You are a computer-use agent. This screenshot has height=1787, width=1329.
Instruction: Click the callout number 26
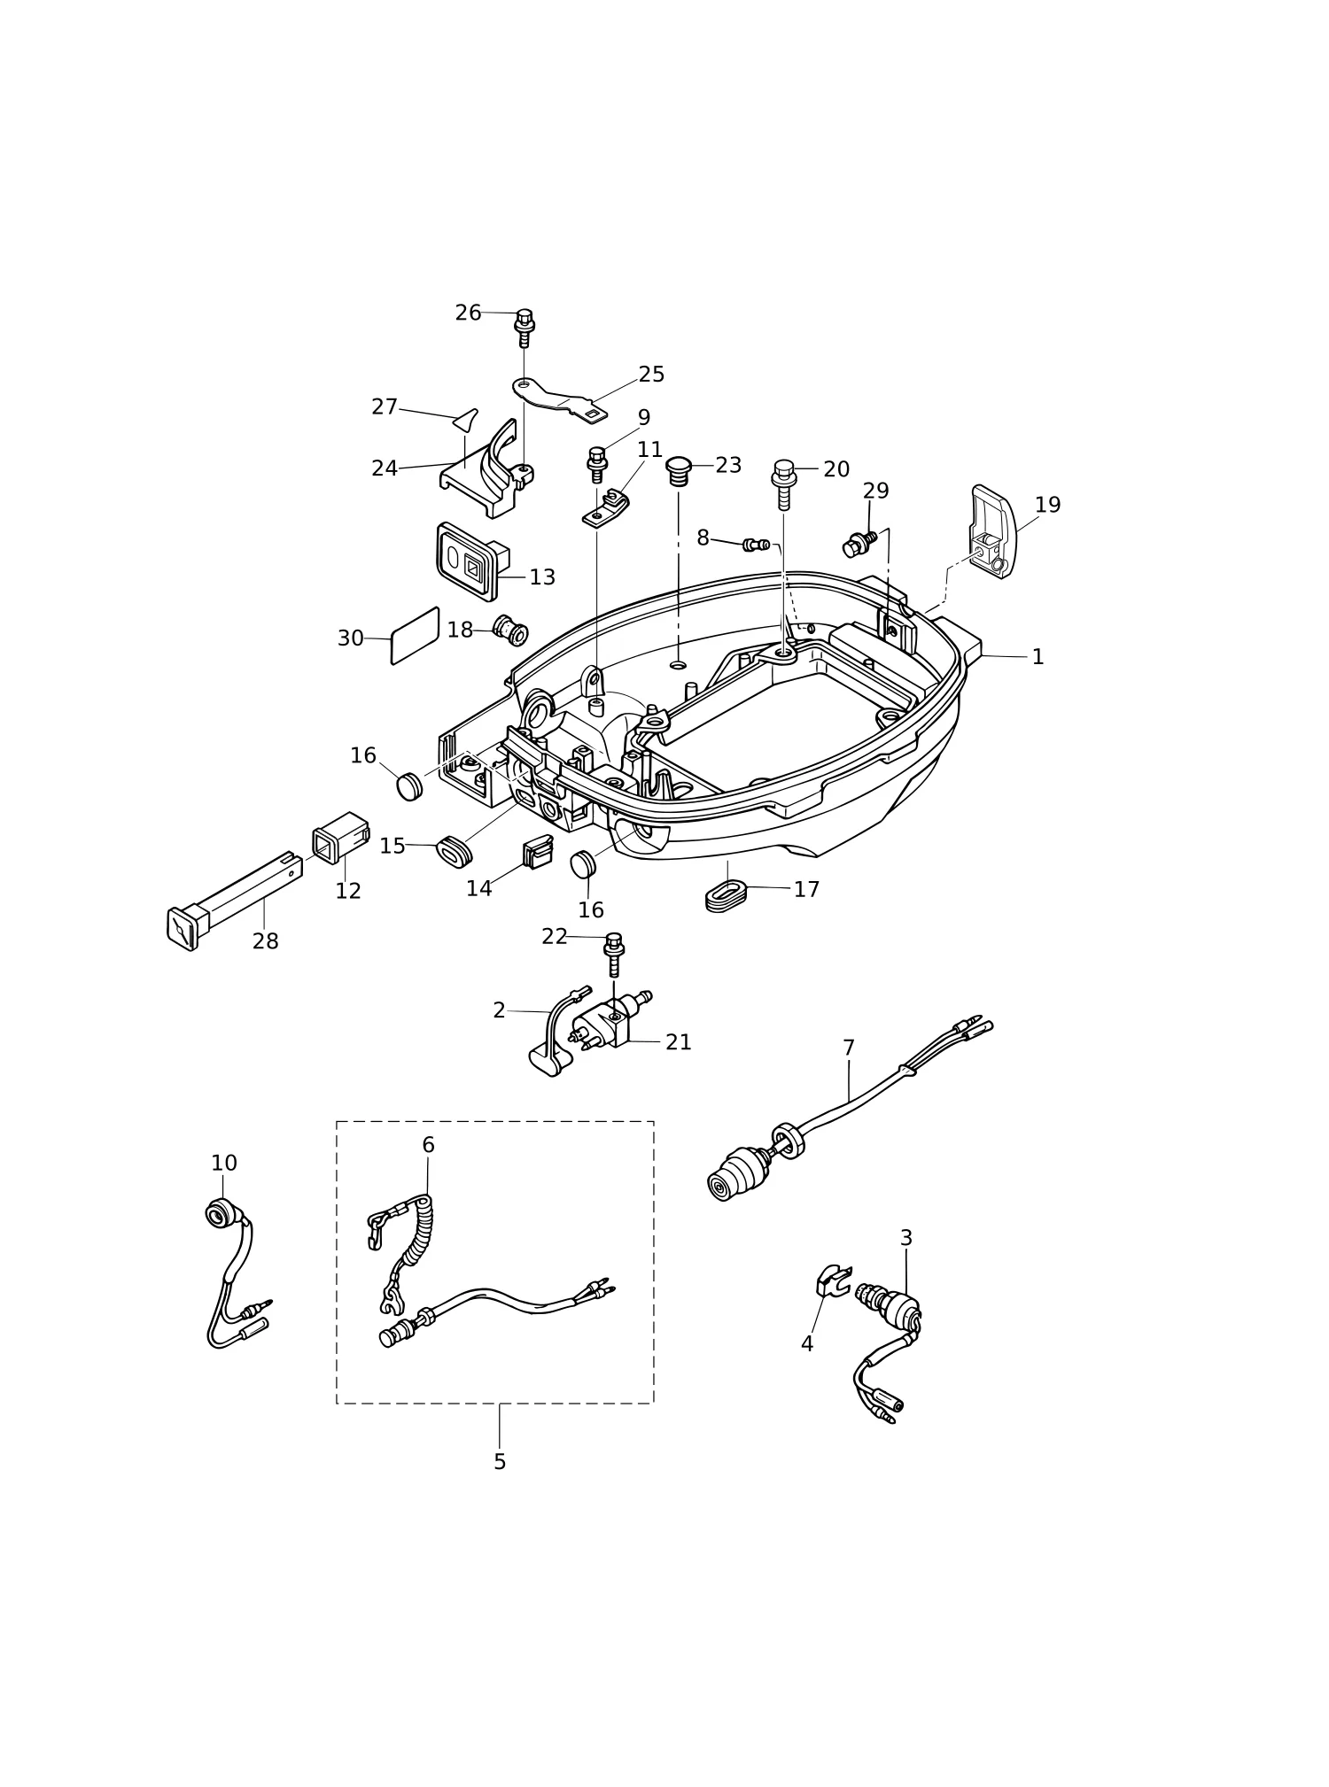coord(468,313)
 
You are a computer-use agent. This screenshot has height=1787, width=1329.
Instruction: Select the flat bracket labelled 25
coord(560,399)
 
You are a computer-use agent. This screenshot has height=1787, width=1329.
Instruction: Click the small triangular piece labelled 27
coord(466,419)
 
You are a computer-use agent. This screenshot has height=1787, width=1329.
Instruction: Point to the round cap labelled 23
coord(679,470)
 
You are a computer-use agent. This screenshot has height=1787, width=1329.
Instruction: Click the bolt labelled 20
coord(784,484)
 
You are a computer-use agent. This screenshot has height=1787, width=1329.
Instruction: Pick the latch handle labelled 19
coord(994,531)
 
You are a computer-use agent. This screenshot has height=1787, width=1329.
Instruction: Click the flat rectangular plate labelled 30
coord(415,635)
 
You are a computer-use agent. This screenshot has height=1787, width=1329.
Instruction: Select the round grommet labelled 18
coord(510,630)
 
